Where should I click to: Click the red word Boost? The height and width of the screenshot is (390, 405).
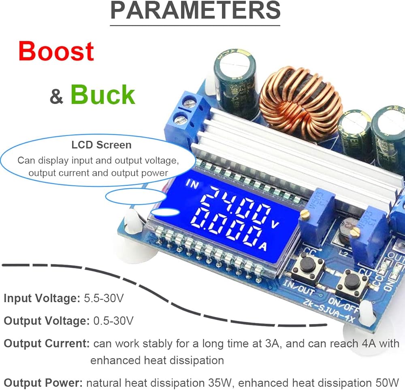click(x=56, y=52)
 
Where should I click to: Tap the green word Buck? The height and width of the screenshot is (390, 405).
click(x=103, y=94)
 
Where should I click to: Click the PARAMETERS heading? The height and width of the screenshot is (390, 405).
click(x=196, y=11)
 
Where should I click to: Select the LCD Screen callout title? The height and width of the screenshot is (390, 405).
click(x=101, y=145)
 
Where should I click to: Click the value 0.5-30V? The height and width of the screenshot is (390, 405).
click(x=113, y=321)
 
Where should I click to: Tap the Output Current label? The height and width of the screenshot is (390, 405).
click(x=47, y=344)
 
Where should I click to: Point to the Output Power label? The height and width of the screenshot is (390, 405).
click(x=43, y=382)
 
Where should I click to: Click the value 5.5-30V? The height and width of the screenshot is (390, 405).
click(x=104, y=299)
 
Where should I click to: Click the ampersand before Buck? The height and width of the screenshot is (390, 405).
click(x=56, y=97)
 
